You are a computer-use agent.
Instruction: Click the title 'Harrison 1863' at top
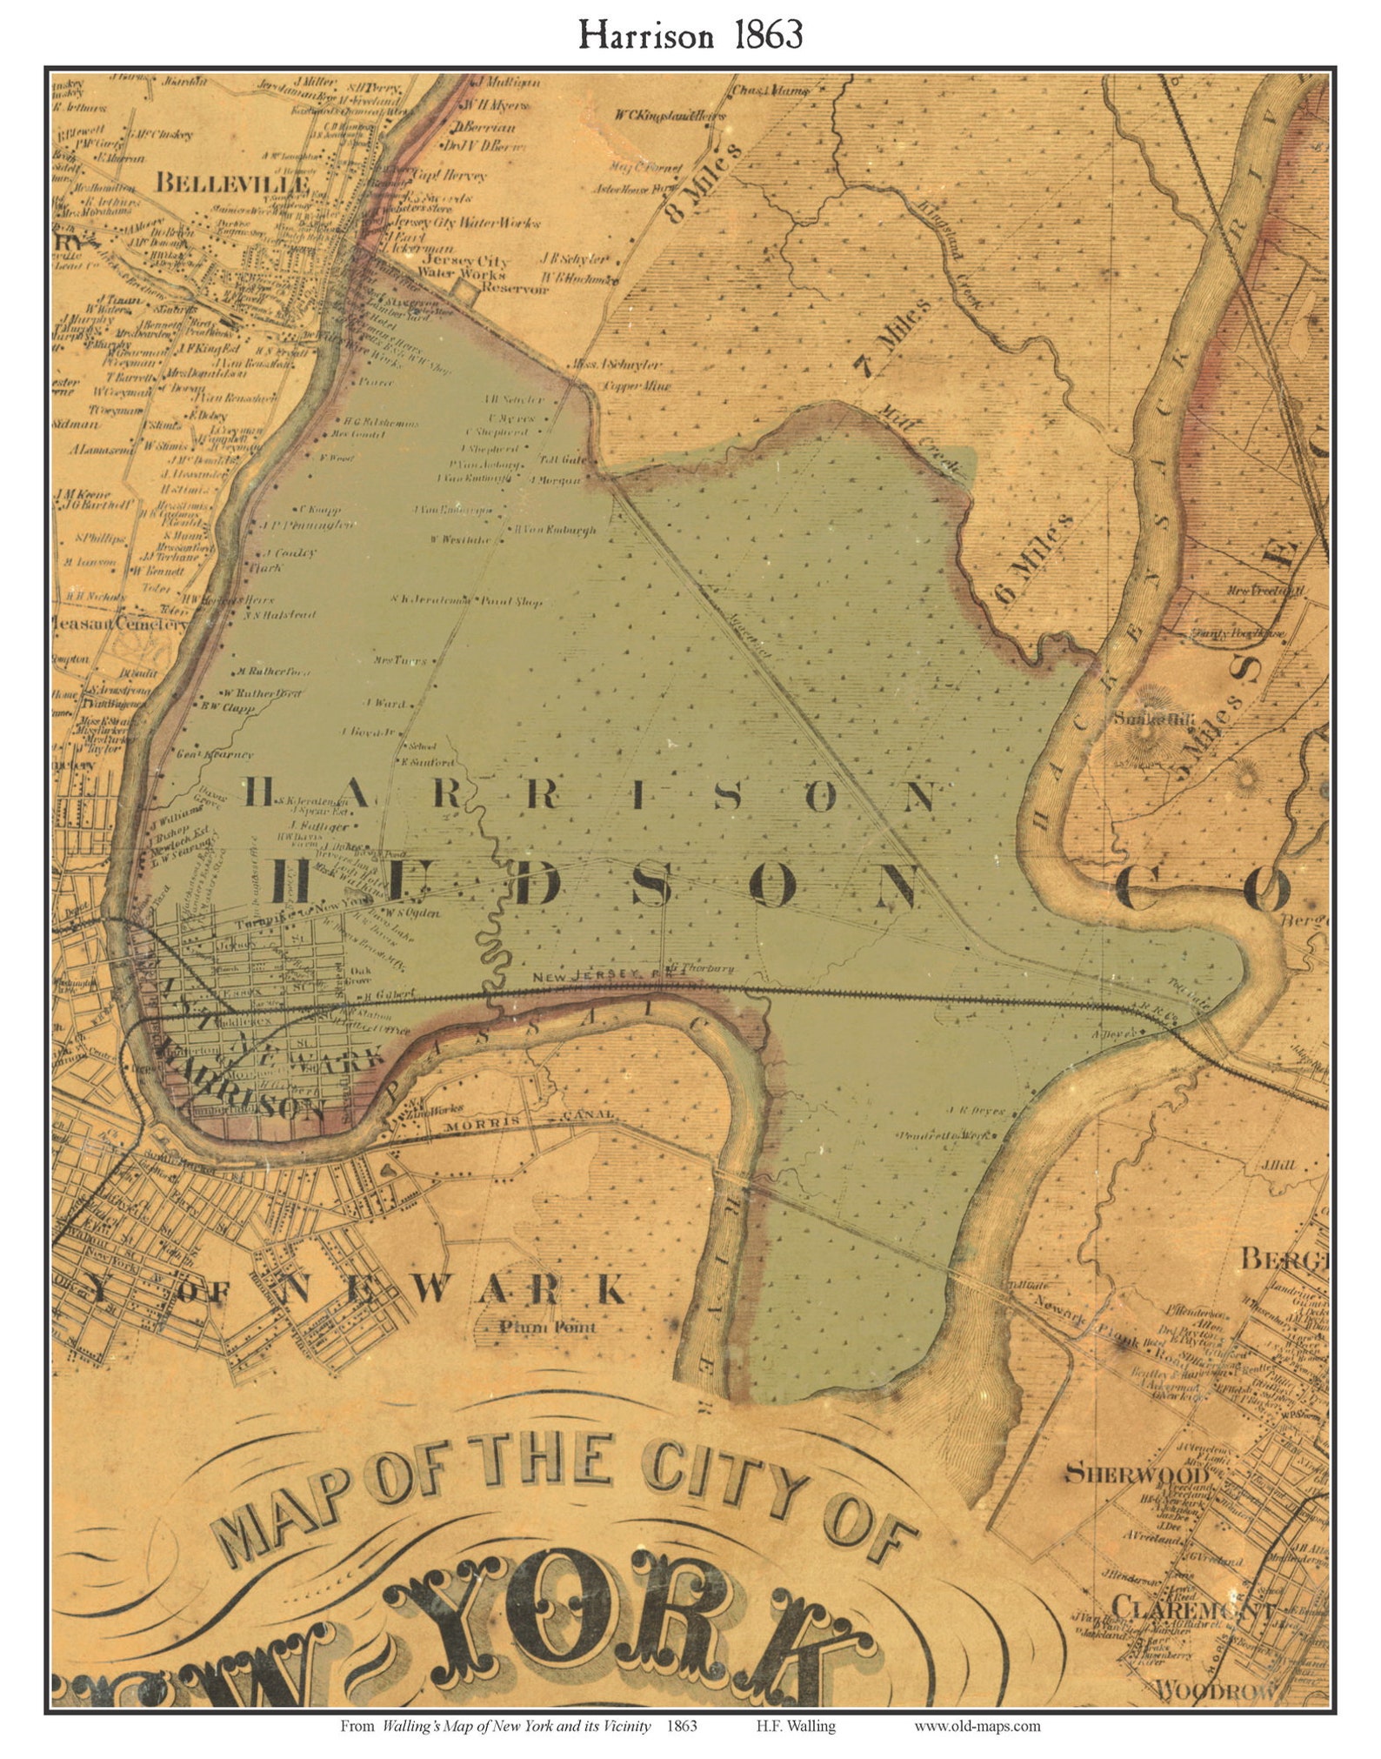[x=690, y=35]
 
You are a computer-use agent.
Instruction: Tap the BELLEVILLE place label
[x=232, y=184]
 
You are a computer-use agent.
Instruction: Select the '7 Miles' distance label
[x=893, y=338]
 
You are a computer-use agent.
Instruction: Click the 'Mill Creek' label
[x=919, y=441]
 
